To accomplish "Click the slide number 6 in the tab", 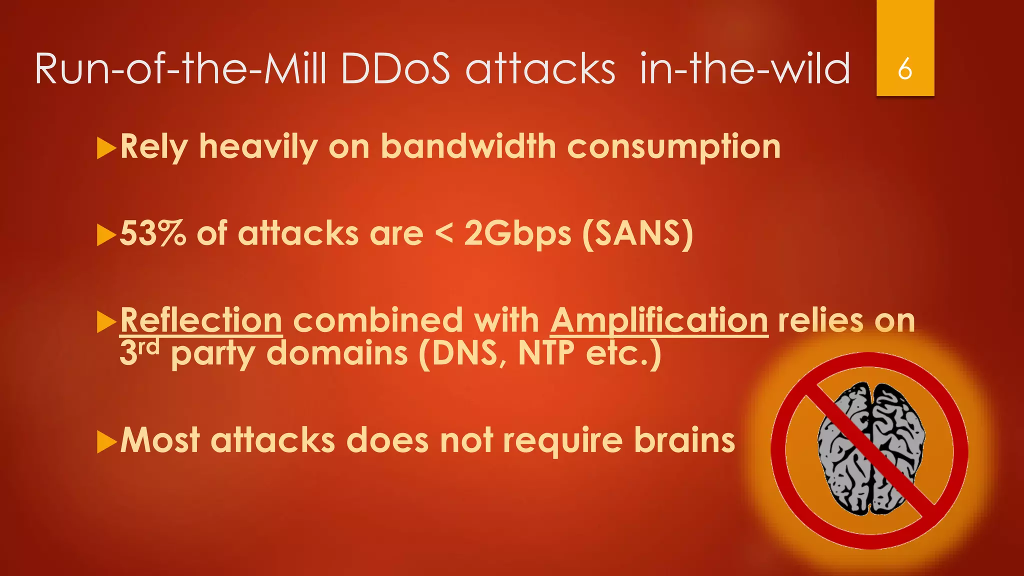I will (904, 69).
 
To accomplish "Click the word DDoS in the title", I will (395, 68).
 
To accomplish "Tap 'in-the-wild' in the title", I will (745, 68).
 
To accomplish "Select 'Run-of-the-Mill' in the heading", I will (180, 68).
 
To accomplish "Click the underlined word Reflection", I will (201, 320).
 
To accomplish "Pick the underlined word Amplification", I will (659, 320).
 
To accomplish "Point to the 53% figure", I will (153, 233).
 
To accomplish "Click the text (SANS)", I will (638, 234).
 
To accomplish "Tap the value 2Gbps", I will (517, 234).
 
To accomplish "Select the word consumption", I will (673, 148).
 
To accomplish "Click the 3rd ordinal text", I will (139, 352).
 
